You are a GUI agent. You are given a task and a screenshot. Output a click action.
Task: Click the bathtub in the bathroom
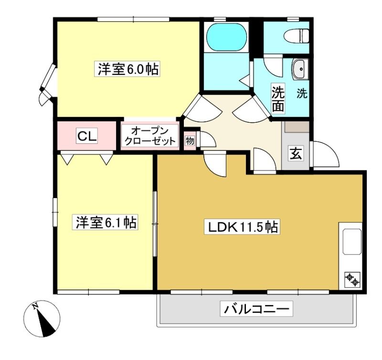click(226, 37)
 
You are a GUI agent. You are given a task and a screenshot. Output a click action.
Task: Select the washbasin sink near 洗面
click(300, 69)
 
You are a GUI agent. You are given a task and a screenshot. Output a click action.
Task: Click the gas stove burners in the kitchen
click(352, 280)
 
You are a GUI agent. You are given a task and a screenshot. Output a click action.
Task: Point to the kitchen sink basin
click(352, 242)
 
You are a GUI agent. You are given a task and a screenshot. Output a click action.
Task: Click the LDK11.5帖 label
click(242, 227)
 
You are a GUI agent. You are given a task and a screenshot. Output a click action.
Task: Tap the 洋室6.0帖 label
click(127, 69)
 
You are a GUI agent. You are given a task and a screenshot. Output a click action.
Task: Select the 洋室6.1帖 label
click(105, 222)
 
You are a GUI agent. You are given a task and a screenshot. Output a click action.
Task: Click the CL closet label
click(87, 136)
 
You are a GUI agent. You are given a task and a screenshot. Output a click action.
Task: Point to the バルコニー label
click(256, 309)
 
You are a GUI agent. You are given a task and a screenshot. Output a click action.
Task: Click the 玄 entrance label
click(296, 154)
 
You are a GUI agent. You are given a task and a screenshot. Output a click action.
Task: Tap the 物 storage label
click(190, 140)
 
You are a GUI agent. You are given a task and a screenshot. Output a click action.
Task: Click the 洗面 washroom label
click(278, 98)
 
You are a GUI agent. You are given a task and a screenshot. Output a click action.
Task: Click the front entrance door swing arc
click(329, 150)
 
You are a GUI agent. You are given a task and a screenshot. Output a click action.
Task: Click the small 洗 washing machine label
click(302, 93)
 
